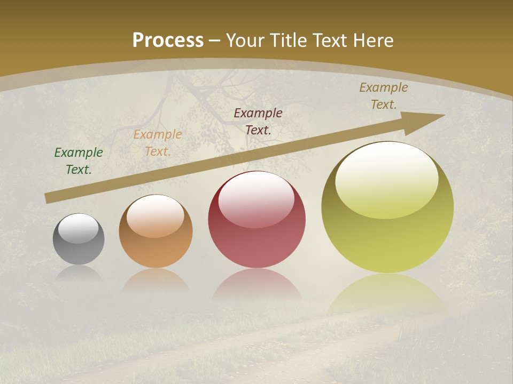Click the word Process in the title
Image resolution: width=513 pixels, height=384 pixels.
[168, 40]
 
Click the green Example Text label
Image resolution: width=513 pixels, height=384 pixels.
[79, 161]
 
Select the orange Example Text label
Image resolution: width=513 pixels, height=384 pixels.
[158, 142]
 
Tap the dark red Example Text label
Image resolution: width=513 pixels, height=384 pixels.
[258, 121]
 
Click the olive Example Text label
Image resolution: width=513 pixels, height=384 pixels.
[383, 96]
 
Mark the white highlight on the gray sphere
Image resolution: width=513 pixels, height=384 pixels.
[79, 228]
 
